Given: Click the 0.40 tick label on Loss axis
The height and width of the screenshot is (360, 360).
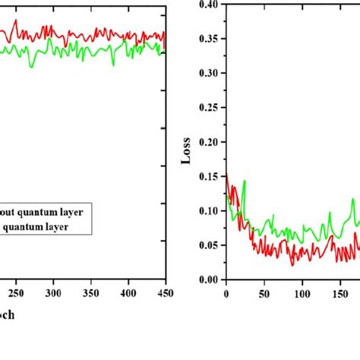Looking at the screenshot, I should point(207,5).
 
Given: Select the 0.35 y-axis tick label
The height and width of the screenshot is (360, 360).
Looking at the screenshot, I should point(207,39).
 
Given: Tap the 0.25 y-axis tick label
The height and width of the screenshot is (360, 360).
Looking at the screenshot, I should point(207,108).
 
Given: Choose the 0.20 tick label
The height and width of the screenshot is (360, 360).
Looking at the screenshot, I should point(207,142).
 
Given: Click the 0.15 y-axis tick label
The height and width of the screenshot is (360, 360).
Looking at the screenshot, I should point(207,176).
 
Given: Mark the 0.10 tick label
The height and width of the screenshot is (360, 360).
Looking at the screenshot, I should point(207,210).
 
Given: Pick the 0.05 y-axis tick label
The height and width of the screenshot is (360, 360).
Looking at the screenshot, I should point(207,245).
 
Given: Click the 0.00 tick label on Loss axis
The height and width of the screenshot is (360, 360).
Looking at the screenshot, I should point(207,279).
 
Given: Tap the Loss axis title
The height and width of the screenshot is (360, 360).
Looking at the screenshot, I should point(185,153).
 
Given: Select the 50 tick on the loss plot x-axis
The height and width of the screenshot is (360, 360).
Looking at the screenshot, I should point(264,292).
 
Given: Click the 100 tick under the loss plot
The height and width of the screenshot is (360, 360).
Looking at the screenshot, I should point(302,292).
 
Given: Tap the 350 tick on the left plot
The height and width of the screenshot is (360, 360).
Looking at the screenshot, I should point(90,292).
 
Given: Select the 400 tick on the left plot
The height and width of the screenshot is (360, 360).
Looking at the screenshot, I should point(128,292).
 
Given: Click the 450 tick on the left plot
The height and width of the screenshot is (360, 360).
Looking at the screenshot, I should point(165,292).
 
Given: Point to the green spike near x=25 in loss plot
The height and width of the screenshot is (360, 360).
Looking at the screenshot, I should point(245,182).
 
